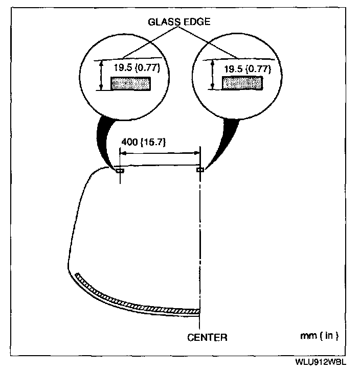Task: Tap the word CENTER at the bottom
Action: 207,337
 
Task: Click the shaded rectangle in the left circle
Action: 131,83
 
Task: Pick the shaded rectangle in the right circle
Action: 242,83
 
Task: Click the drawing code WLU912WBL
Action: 321,361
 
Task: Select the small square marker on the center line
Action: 200,170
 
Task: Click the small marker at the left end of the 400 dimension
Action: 119,170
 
